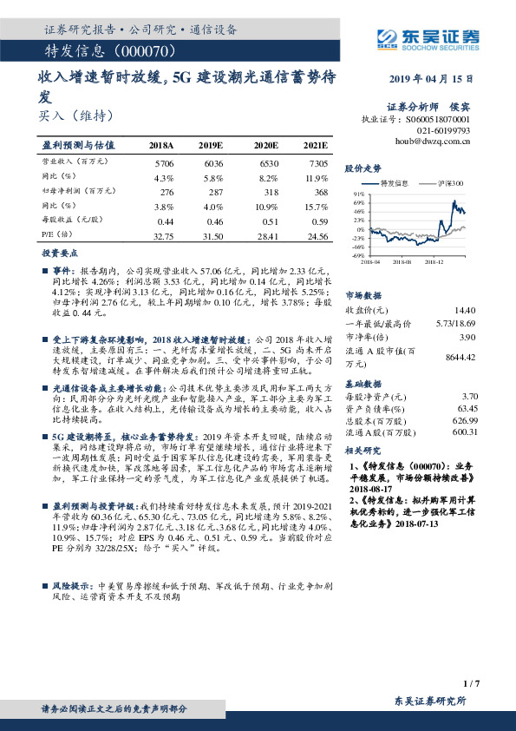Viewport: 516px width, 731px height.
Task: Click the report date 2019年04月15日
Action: click(x=430, y=78)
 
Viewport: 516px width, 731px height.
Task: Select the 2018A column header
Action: click(x=161, y=145)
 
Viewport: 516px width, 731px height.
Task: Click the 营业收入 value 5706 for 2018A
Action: click(x=163, y=162)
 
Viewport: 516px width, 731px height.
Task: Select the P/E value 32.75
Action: click(x=163, y=235)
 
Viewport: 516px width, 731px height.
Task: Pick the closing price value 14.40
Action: click(x=467, y=309)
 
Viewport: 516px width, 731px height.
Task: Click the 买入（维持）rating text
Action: click(x=77, y=115)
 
